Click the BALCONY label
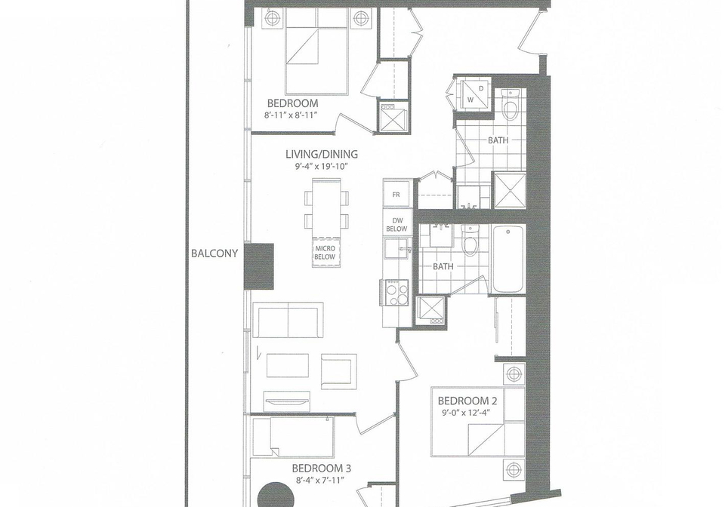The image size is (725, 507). (214, 253)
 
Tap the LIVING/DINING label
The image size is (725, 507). (322, 154)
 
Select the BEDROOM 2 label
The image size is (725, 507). (463, 401)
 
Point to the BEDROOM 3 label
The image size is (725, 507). (322, 469)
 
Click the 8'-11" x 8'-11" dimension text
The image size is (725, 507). (292, 115)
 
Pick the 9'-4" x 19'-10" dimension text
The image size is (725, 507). (322, 167)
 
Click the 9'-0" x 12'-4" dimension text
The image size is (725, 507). (464, 413)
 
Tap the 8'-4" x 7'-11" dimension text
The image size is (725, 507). (322, 481)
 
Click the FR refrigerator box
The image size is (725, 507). (396, 195)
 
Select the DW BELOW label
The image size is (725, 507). (396, 225)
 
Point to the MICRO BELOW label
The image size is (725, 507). (325, 253)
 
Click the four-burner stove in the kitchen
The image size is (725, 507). (396, 293)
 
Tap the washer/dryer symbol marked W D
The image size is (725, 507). (475, 94)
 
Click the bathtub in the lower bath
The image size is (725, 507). (508, 259)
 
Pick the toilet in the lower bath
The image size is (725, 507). (470, 241)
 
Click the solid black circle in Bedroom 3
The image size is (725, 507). (276, 496)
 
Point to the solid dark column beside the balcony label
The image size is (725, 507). (259, 266)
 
